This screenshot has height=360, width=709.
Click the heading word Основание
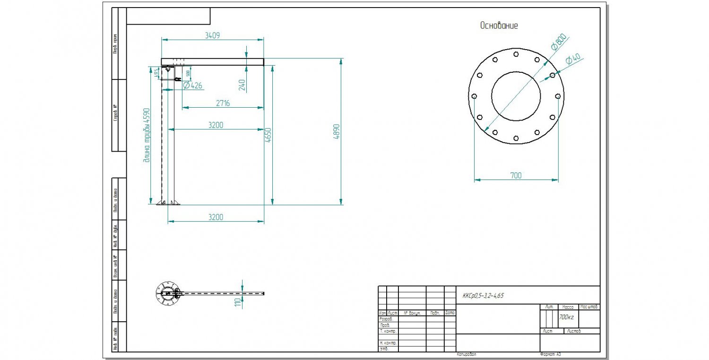pos(499,26)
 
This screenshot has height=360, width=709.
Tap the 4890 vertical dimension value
pos(337,132)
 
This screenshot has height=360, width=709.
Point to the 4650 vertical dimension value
pos(268,136)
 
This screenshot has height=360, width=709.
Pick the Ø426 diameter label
pos(192,86)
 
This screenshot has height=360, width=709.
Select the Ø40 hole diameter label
pos(573,59)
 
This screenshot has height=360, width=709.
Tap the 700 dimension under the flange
pos(516,175)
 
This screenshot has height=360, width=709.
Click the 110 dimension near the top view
pos(237,302)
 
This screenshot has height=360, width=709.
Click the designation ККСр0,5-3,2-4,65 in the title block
pos(483,296)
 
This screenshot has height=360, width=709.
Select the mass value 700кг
pos(566,317)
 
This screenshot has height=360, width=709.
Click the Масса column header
pos(568,307)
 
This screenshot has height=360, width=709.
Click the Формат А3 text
pos(550,354)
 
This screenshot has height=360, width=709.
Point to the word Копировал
pos(467,354)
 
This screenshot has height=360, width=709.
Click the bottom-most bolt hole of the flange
pos(516,138)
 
